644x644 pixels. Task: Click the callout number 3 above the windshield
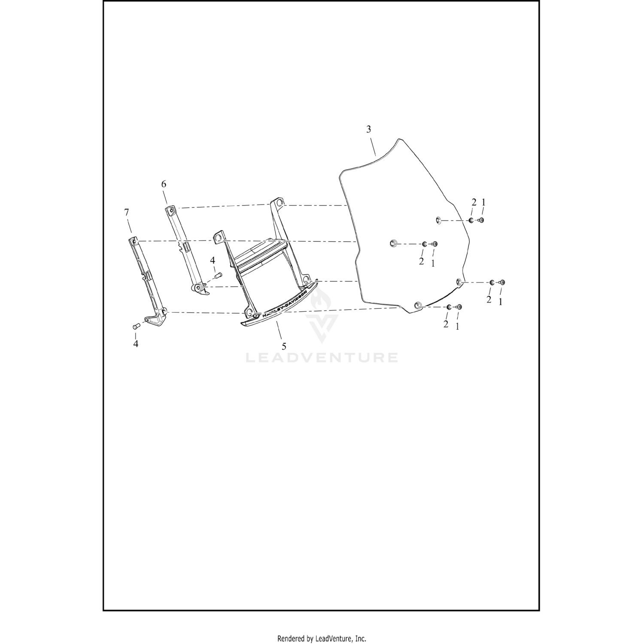coord(368,129)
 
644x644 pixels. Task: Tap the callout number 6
coord(164,184)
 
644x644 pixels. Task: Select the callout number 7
coord(126,212)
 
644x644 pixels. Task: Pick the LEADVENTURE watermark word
coord(322,357)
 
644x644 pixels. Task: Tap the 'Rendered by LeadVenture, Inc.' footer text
coord(322,638)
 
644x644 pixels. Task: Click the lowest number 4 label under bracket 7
coord(136,343)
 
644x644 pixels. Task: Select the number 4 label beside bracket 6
coord(212,261)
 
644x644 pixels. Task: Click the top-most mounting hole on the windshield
coord(438,220)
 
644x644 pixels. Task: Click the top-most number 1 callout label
coord(483,202)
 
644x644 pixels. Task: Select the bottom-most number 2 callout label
coord(446,325)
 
